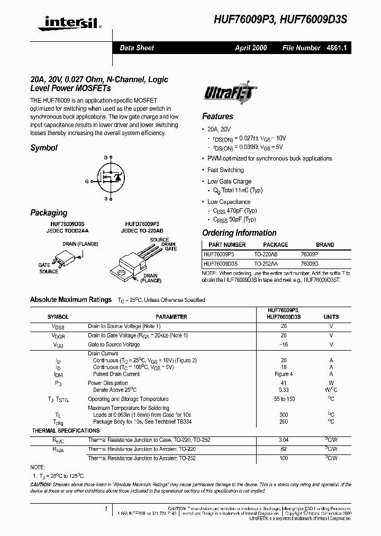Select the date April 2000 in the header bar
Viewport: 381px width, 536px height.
[x=251, y=48]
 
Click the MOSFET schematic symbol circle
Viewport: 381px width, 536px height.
[x=110, y=178]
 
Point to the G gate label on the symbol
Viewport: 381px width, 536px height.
[x=87, y=181]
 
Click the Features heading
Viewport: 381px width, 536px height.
[x=217, y=117]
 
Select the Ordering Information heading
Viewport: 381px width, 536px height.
[x=239, y=233]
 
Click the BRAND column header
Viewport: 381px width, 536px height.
[x=324, y=245]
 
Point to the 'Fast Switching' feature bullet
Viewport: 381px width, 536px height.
[x=225, y=170]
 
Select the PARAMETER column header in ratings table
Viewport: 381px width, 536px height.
[x=171, y=317]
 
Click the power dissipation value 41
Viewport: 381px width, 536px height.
[x=284, y=383]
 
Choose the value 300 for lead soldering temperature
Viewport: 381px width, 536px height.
[x=284, y=415]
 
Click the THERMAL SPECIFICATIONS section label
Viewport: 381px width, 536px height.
[x=66, y=431]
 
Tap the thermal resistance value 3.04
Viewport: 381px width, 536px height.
[x=284, y=440]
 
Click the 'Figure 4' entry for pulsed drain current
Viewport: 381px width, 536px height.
[x=284, y=374]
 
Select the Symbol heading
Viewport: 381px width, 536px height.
[x=44, y=148]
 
